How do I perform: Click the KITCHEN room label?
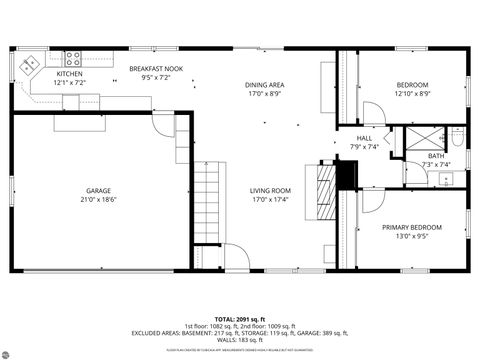point(69,74)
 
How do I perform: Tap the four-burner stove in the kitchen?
point(73,57)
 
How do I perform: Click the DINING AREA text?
point(265,85)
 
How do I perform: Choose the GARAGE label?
point(98,190)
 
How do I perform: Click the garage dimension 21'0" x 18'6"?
point(98,199)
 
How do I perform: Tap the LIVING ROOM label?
point(270,190)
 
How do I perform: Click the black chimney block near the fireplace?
point(346,173)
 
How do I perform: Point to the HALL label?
point(365,138)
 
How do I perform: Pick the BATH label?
point(436,156)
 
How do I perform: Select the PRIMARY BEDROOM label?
point(411,228)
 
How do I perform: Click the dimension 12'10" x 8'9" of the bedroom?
point(411,93)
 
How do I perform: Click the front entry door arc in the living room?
point(232,256)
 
